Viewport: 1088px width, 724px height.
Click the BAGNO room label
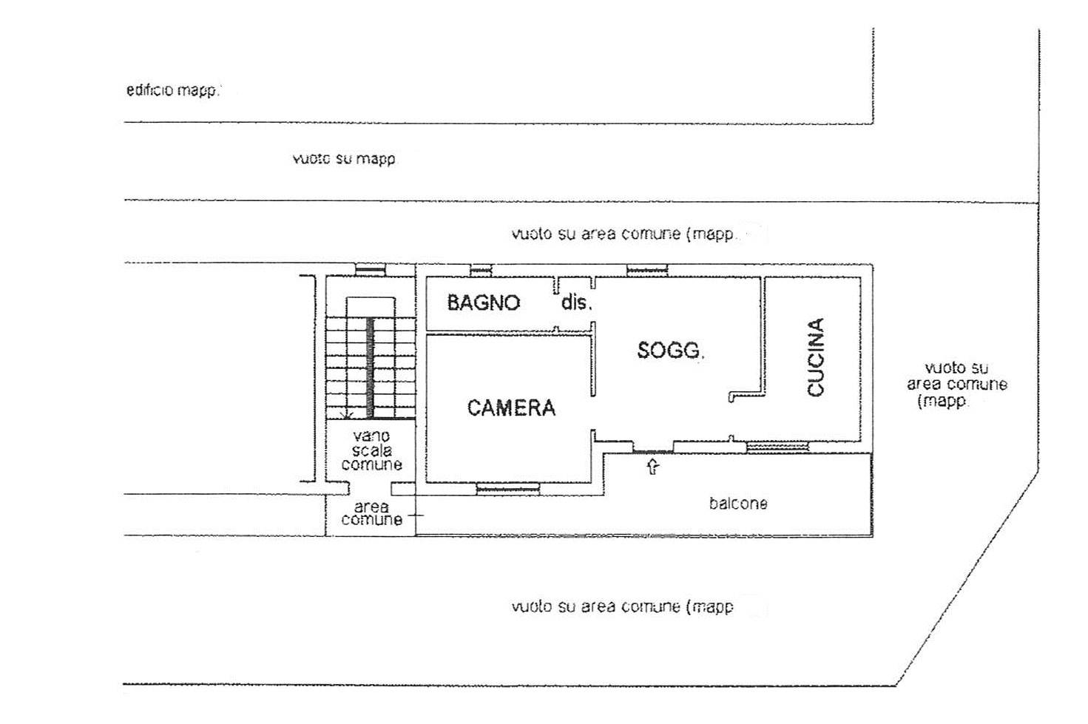pyautogui.click(x=483, y=302)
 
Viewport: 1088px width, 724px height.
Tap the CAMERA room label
pyautogui.click(x=511, y=408)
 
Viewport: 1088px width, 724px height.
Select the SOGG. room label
pyautogui.click(x=670, y=350)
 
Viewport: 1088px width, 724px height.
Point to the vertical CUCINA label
pyautogui.click(x=816, y=357)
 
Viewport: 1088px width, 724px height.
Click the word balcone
pyautogui.click(x=738, y=503)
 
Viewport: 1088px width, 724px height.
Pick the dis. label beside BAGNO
pyautogui.click(x=576, y=302)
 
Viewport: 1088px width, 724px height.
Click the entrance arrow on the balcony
pyautogui.click(x=653, y=467)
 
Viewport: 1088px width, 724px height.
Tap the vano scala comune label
pyautogui.click(x=371, y=450)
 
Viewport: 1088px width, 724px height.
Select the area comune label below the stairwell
pyautogui.click(x=371, y=513)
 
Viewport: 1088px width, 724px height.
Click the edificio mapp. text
pyautogui.click(x=172, y=90)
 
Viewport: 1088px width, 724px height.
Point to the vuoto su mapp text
pyautogui.click(x=344, y=159)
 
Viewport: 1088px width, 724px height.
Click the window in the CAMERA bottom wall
pyautogui.click(x=507, y=488)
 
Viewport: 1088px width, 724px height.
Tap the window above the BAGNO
pyautogui.click(x=482, y=270)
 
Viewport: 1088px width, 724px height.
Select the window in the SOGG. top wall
pyautogui.click(x=647, y=270)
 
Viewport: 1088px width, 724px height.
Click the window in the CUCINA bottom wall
pyautogui.click(x=777, y=447)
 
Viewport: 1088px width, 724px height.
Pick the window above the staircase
pyautogui.click(x=370, y=269)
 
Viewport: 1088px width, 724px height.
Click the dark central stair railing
pyautogui.click(x=370, y=368)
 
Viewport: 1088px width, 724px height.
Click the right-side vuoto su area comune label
pyautogui.click(x=956, y=385)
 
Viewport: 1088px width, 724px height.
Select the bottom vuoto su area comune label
pyautogui.click(x=622, y=606)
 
